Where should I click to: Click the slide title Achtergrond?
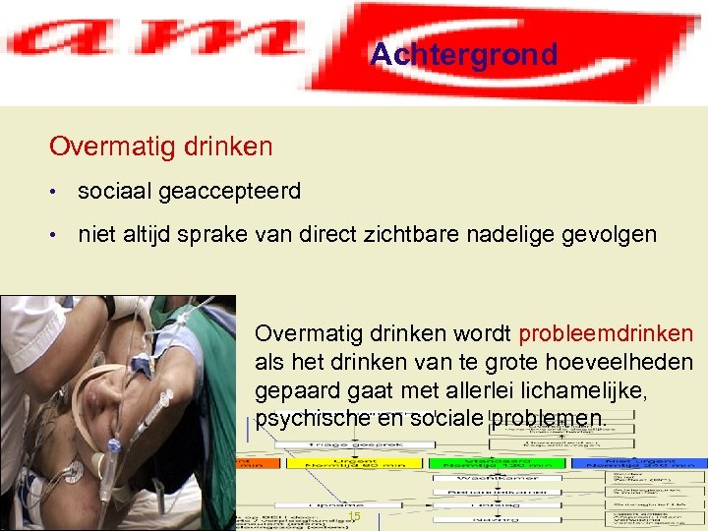pos(463,55)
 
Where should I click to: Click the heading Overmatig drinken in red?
pos(161,147)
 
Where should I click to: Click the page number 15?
pos(355,516)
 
